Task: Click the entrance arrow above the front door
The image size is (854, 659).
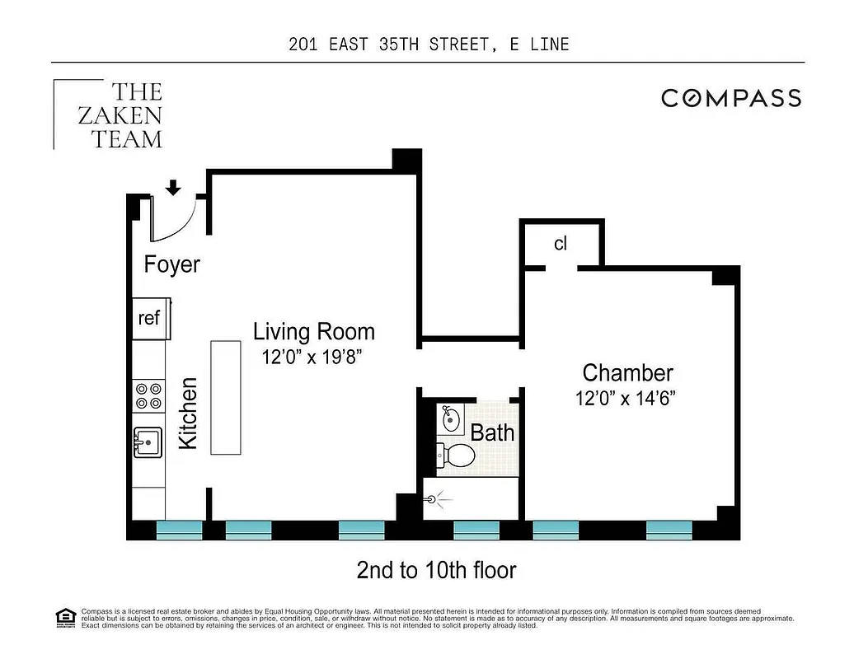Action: [173, 189]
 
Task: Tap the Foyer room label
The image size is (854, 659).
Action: [171, 264]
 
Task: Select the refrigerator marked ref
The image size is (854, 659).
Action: [149, 318]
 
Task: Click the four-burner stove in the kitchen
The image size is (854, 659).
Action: [148, 396]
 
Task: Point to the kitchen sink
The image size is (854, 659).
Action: [148, 443]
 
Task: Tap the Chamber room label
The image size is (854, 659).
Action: [627, 373]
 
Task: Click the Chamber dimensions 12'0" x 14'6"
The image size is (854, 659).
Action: [626, 399]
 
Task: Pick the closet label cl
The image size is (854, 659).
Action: [561, 244]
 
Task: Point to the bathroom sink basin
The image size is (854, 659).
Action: [450, 418]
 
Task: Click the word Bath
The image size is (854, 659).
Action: [492, 432]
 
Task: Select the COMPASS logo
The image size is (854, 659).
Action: [731, 99]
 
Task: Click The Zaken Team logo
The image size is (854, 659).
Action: [115, 115]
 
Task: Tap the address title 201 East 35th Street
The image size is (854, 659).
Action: [429, 44]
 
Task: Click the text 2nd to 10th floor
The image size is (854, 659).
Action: [436, 569]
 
